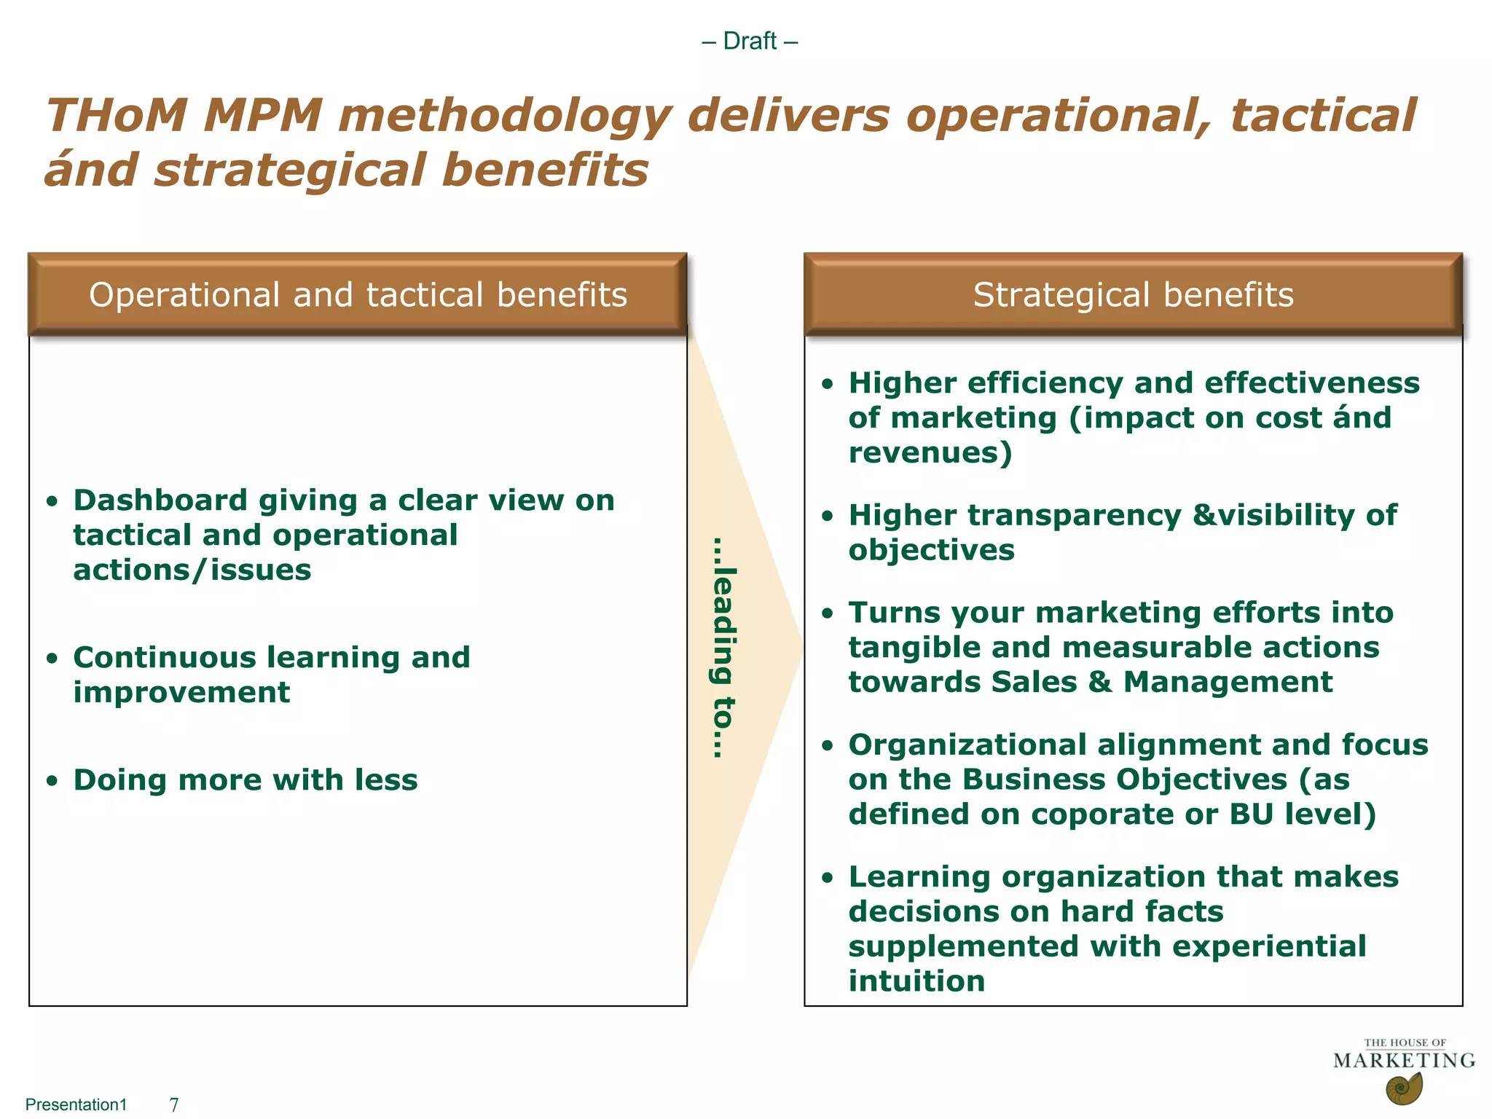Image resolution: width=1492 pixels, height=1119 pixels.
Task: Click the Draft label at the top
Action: click(x=750, y=41)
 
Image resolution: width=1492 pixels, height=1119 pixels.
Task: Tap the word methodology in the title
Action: click(x=504, y=117)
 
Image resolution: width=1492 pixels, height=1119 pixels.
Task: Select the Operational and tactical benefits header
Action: click(x=358, y=295)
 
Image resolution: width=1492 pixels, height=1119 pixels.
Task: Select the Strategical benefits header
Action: click(x=1133, y=295)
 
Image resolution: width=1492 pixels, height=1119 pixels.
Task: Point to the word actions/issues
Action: click(x=192, y=570)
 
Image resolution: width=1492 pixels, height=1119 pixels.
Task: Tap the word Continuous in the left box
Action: click(x=165, y=658)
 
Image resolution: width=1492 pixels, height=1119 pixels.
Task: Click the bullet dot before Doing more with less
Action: click(x=51, y=781)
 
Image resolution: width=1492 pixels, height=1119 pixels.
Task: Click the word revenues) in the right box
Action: click(x=930, y=453)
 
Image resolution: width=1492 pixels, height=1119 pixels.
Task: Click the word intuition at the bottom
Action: click(x=916, y=981)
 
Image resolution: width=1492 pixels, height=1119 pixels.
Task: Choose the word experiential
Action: click(x=1269, y=946)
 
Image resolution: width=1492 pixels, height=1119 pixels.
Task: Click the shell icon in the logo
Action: click(x=1403, y=1089)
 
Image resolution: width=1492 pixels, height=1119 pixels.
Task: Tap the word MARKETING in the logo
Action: click(x=1404, y=1061)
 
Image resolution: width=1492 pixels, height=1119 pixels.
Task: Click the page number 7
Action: click(x=174, y=1105)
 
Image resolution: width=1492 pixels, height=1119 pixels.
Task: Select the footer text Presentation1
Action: click(x=76, y=1105)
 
